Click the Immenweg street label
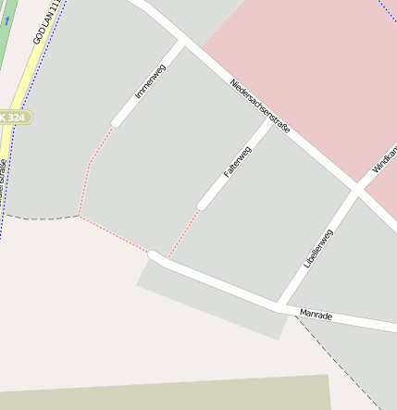tap(143, 81)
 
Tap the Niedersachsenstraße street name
tap(260, 105)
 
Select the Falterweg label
tap(237, 161)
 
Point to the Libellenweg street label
tap(317, 248)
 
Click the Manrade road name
tap(316, 316)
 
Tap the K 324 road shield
tap(14, 117)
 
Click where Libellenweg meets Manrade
tap(279, 304)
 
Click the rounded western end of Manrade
tap(155, 255)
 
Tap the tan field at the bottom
tap(167, 395)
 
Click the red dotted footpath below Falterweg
tap(183, 232)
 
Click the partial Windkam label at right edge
tap(385, 159)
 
